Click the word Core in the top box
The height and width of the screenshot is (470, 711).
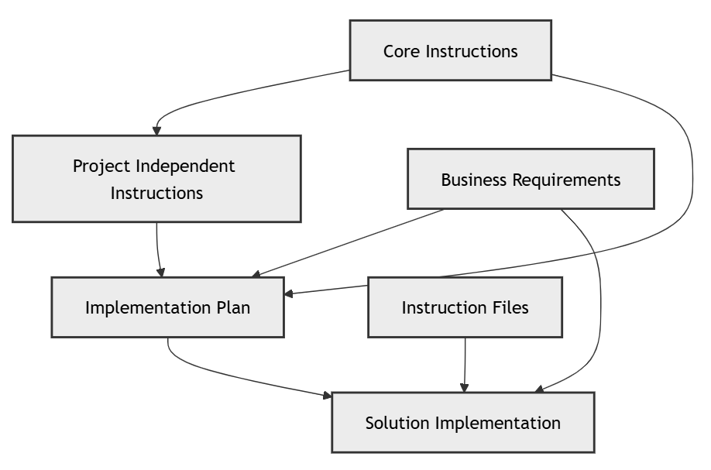point(400,52)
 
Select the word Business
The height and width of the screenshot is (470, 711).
point(474,180)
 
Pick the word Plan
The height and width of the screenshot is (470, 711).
point(233,307)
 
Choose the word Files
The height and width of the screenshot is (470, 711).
point(512,307)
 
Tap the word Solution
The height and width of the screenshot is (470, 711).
point(397,423)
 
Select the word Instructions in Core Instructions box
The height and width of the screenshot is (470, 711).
point(470,52)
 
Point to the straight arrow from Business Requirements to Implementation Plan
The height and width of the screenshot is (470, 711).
point(349,242)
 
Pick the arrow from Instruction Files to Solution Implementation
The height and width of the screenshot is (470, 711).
point(465,364)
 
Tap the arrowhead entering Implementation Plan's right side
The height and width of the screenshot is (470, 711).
point(289,293)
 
